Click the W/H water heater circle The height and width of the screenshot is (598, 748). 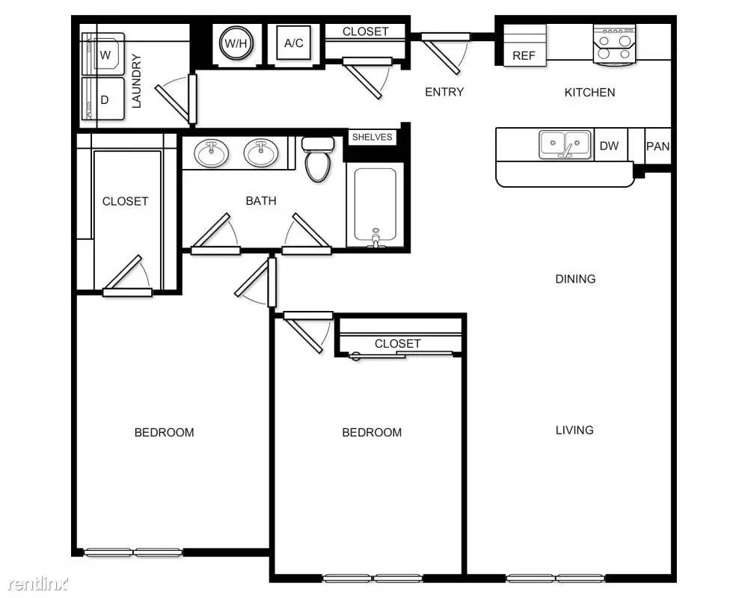[x=236, y=43]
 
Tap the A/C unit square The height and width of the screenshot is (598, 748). [x=293, y=43]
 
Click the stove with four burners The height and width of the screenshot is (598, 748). [x=614, y=44]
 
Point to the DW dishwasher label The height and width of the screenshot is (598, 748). [x=609, y=146]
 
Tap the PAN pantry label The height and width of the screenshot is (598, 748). [x=657, y=147]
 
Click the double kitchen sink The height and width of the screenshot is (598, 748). [x=565, y=144]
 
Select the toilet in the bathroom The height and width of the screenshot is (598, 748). [x=318, y=159]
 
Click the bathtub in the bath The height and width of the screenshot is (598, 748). [x=375, y=205]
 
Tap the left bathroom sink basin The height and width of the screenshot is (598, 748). [x=211, y=153]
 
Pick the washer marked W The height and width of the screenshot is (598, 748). [x=103, y=54]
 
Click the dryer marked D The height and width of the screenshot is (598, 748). [x=103, y=99]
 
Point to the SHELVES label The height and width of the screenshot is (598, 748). [x=372, y=138]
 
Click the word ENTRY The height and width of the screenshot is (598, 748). [x=444, y=91]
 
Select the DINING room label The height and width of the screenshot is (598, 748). [x=575, y=279]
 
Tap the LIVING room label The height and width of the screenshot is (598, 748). [x=574, y=430]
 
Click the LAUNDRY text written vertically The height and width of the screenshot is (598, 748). [x=136, y=81]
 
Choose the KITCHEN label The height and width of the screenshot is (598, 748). [x=589, y=93]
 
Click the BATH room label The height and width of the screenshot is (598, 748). [x=261, y=201]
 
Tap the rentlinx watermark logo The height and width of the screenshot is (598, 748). [x=38, y=583]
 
